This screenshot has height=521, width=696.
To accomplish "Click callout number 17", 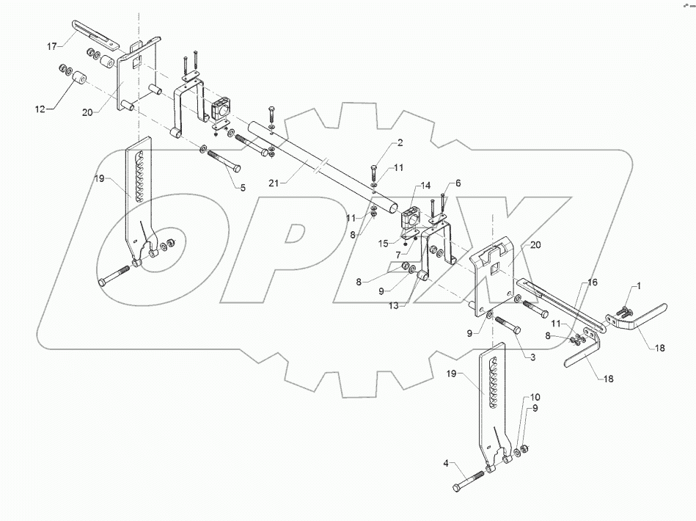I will [x=52, y=47].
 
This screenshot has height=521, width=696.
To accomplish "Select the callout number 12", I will [x=41, y=109].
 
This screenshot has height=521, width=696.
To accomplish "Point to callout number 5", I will [x=243, y=187].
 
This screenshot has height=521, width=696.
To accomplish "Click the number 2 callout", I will [x=400, y=142].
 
